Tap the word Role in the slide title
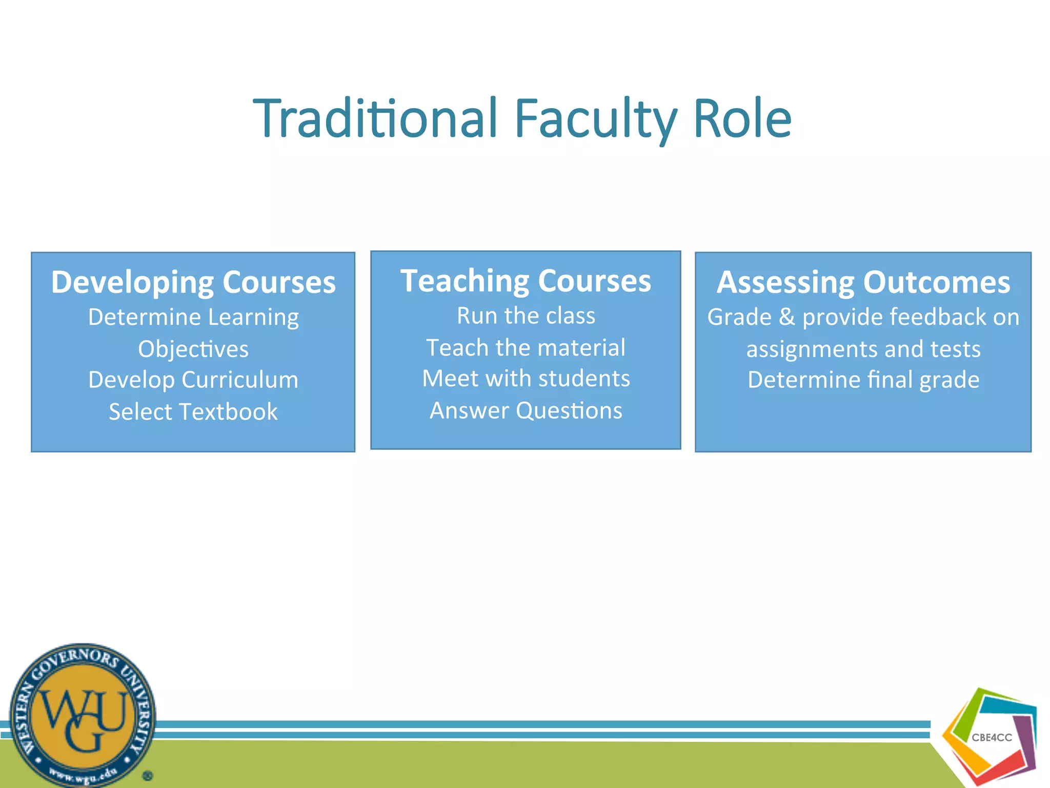pyautogui.click(x=742, y=119)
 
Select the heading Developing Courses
pyautogui.click(x=193, y=282)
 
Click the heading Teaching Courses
pyautogui.click(x=526, y=281)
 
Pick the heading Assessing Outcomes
pyautogui.click(x=863, y=282)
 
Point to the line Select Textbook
pyautogui.click(x=193, y=411)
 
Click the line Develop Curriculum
pyautogui.click(x=193, y=380)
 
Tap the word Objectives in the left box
pyautogui.click(x=193, y=349)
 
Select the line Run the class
pyautogui.click(x=526, y=316)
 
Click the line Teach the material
pyautogui.click(x=526, y=348)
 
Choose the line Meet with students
pyautogui.click(x=526, y=379)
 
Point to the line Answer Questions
pyautogui.click(x=526, y=410)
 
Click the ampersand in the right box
pyautogui.click(x=787, y=317)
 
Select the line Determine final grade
pyautogui.click(x=863, y=380)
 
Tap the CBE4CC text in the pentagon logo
pyautogui.click(x=992, y=738)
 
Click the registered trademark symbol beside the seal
pyautogui.click(x=148, y=776)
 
